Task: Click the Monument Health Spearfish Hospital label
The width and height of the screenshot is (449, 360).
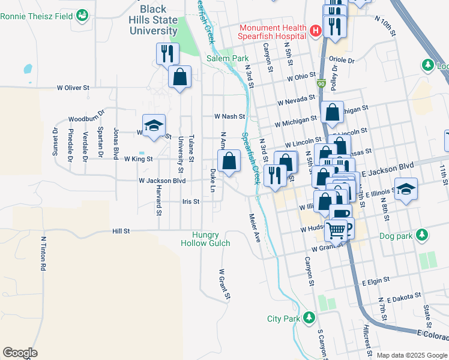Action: coord(273,32)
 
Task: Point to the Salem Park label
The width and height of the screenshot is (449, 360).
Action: coord(228,58)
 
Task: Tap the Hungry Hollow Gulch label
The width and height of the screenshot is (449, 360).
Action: coord(205,239)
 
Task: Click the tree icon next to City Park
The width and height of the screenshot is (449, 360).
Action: coord(309,317)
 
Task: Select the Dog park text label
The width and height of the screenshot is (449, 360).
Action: coord(396,236)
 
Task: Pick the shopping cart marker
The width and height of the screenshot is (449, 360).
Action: coord(337,229)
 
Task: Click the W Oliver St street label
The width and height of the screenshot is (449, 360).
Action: coord(73,88)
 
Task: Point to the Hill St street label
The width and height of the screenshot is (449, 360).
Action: coord(121,230)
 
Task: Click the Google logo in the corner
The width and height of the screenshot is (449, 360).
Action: coord(20,353)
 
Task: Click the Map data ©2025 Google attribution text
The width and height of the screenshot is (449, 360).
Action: coord(412,355)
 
